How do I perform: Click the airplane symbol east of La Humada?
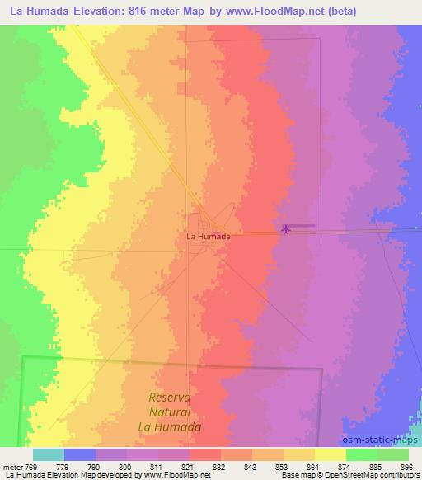coord(286,228)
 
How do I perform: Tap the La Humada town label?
coord(208,236)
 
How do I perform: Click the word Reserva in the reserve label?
coord(171,398)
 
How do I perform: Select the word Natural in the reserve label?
coord(171,412)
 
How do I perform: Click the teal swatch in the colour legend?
coord(48,454)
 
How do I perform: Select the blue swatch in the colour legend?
coord(79,454)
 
